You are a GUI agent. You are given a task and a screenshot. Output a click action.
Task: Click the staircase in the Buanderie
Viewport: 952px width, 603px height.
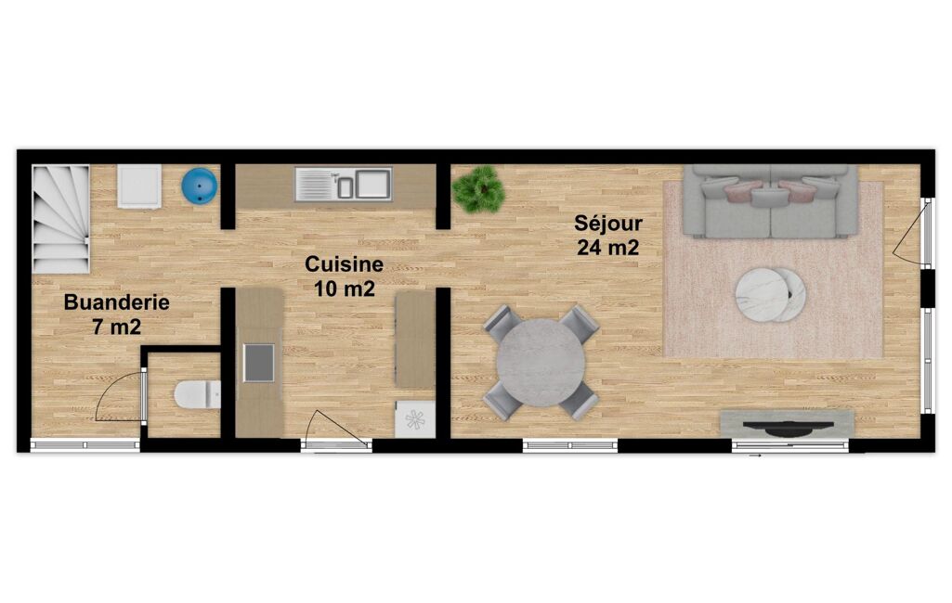60,219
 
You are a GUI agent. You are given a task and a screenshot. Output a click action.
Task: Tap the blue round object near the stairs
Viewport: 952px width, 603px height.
199,186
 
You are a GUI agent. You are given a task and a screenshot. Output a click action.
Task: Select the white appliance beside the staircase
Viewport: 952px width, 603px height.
139,186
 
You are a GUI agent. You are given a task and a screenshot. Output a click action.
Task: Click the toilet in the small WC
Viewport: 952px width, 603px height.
197,394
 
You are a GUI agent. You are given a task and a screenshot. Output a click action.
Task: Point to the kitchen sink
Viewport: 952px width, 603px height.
344,184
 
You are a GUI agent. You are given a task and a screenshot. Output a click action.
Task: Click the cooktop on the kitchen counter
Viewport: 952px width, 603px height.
259,363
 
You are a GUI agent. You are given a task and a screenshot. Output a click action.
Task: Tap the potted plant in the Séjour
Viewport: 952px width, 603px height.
479,189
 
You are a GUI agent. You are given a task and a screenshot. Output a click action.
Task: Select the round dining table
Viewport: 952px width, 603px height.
541,363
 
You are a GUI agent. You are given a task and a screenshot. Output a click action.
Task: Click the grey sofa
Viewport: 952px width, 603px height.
771,200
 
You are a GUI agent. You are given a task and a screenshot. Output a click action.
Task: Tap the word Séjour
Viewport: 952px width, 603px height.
608,224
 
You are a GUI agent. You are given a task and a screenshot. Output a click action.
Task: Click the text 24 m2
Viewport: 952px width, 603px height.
607,248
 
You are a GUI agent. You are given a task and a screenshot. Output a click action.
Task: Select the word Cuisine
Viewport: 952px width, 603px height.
344,264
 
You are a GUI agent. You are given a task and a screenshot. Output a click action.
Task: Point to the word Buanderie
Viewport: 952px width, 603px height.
117,302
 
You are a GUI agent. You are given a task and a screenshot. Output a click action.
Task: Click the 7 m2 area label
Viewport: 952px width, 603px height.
117,327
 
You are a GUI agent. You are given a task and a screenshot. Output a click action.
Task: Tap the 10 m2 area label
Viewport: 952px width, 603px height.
345,289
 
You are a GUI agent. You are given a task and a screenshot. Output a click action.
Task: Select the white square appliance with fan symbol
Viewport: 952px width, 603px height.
415,419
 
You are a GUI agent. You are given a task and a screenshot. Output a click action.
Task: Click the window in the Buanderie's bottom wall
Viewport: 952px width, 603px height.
85,445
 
